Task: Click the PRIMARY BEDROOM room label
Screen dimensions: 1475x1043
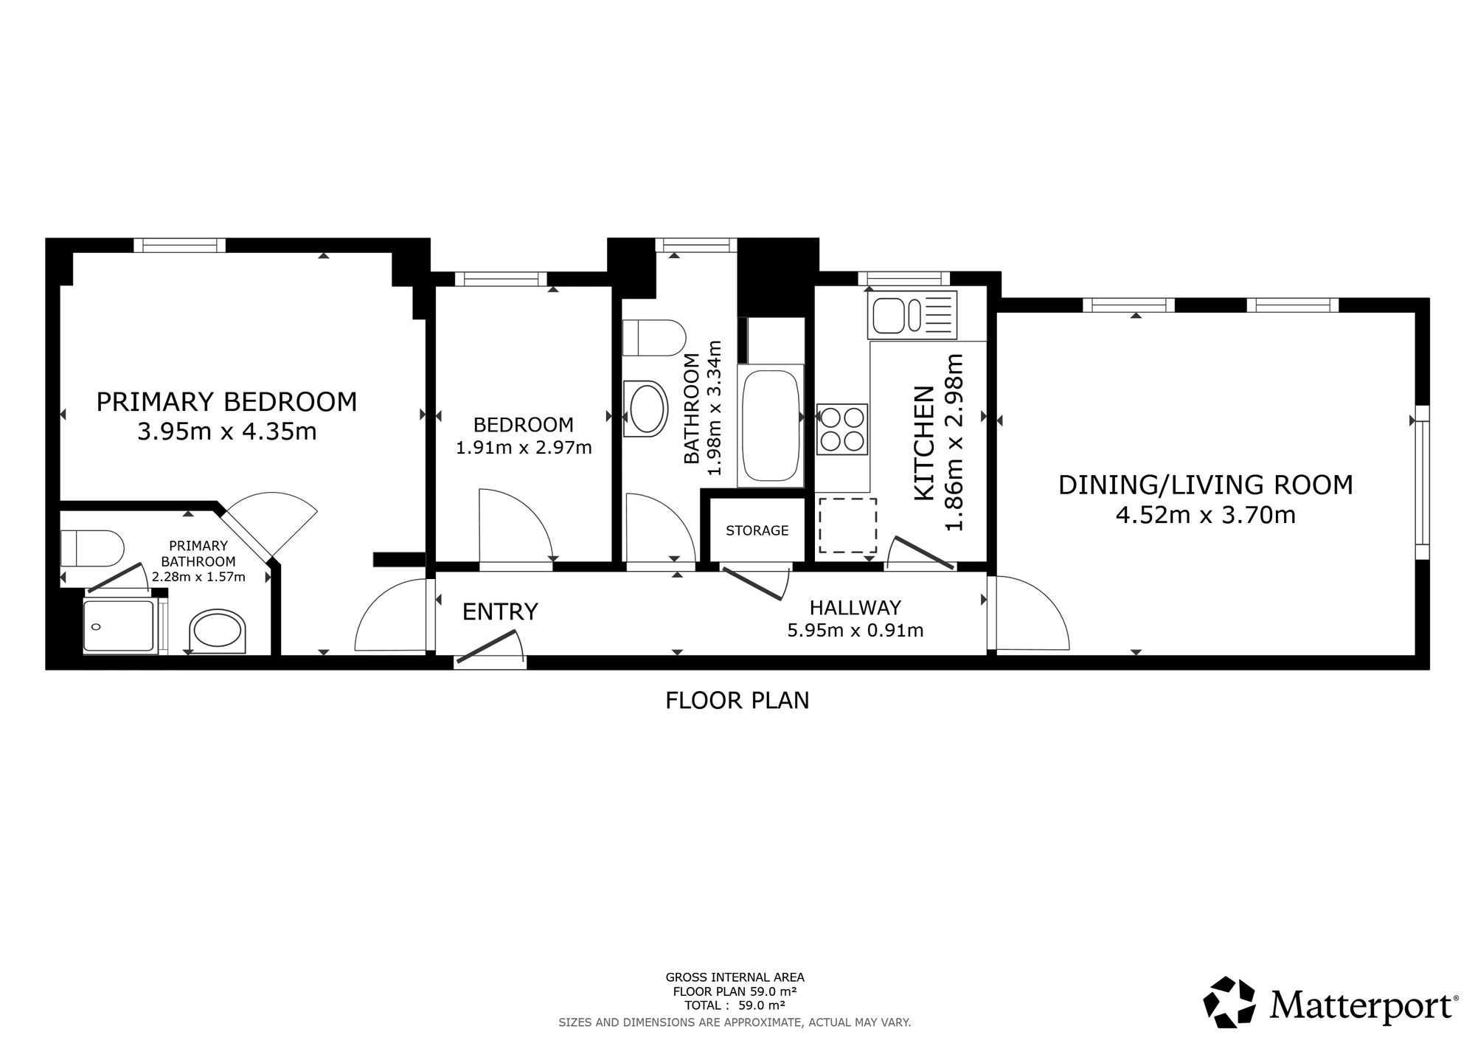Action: (x=226, y=402)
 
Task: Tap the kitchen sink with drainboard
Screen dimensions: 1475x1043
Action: (x=914, y=314)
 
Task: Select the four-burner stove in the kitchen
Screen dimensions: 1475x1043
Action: (x=842, y=429)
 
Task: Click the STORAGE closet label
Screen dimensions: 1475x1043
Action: (x=757, y=530)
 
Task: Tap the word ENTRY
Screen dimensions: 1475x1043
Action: (x=500, y=611)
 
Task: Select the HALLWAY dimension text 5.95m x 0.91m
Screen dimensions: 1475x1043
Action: (x=855, y=631)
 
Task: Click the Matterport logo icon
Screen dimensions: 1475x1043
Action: (x=1229, y=1002)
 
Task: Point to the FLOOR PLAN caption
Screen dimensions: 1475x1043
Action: (x=737, y=700)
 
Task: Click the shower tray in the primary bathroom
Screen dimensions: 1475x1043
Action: (x=119, y=626)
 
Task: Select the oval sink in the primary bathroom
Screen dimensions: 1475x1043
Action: (x=217, y=631)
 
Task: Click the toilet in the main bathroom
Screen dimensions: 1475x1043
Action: (x=654, y=338)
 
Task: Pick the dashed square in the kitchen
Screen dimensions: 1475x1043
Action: (x=847, y=525)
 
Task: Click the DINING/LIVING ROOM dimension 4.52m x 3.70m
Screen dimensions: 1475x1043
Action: (x=1206, y=515)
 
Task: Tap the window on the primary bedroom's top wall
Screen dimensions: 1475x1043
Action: (x=180, y=245)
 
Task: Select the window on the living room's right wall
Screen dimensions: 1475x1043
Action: (x=1423, y=482)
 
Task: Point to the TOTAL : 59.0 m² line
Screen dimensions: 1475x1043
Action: (x=735, y=1005)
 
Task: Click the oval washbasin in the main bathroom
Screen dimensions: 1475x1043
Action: (x=645, y=409)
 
